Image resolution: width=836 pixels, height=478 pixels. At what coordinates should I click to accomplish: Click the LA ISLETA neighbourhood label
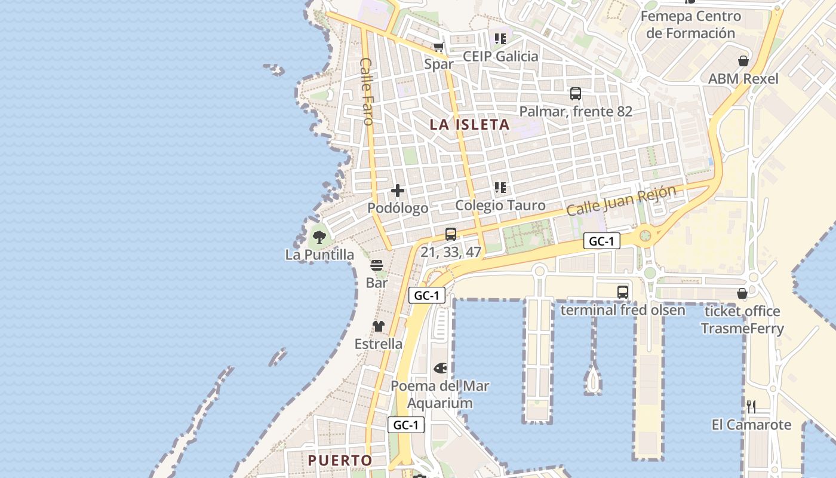click(x=470, y=125)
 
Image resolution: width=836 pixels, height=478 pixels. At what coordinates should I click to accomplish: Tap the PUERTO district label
click(x=340, y=461)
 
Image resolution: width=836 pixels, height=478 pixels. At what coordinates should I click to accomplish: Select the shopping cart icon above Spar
click(x=439, y=47)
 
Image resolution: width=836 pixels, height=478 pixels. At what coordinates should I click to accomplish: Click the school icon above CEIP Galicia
click(x=500, y=39)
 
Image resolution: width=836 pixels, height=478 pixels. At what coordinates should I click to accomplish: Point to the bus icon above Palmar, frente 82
click(x=576, y=94)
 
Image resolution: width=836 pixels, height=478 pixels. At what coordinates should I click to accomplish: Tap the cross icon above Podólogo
click(x=398, y=191)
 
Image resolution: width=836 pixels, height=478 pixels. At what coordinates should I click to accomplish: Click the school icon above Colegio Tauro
click(x=500, y=188)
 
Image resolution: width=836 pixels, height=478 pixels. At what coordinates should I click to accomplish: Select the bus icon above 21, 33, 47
click(x=451, y=234)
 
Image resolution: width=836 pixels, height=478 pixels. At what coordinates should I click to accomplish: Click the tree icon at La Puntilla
click(x=319, y=237)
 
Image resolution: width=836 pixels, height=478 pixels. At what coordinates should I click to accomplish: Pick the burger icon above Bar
click(x=377, y=265)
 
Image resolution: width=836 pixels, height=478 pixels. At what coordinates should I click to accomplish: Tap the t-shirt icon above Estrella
click(x=379, y=326)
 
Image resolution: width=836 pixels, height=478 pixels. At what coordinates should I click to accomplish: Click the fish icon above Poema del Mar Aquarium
click(x=440, y=368)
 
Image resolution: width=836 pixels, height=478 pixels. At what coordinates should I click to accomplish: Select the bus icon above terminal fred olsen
click(x=623, y=292)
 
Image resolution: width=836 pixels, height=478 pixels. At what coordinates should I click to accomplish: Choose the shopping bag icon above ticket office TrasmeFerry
click(x=742, y=293)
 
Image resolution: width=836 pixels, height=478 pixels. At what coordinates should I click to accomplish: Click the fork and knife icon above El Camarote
click(x=751, y=407)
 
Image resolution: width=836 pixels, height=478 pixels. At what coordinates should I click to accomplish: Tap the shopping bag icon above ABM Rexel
click(x=743, y=61)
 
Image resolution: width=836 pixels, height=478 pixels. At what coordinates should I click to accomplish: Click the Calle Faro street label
click(x=367, y=91)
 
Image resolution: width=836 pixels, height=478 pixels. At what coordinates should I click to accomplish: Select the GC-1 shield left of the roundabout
click(x=602, y=241)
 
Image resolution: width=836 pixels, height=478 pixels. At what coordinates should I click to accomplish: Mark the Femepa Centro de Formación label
click(x=691, y=24)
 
